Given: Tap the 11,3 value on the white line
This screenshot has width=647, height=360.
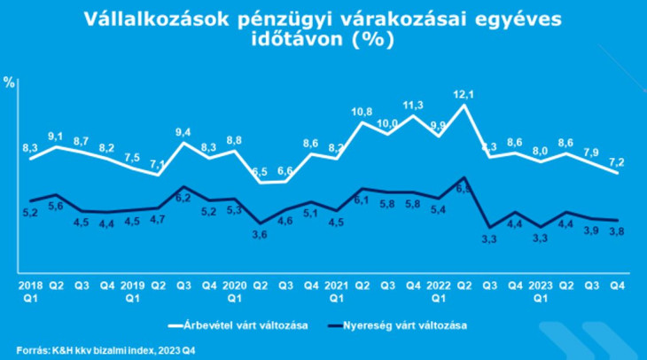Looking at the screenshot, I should [x=414, y=105].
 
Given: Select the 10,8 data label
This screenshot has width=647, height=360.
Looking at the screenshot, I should [x=362, y=112].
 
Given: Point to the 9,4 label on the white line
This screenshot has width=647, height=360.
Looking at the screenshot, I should [x=183, y=132].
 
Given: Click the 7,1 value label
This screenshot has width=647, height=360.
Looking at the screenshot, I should [x=158, y=164].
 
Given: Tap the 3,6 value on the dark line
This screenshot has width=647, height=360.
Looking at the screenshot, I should [x=261, y=235].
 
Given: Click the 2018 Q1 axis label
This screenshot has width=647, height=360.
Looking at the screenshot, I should [x=30, y=292].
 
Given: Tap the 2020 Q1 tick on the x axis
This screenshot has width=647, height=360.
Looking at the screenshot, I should [x=235, y=292].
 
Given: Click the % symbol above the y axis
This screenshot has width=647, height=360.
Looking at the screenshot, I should [x=10, y=82].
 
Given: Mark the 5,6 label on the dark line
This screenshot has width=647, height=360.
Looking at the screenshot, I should [x=56, y=206].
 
